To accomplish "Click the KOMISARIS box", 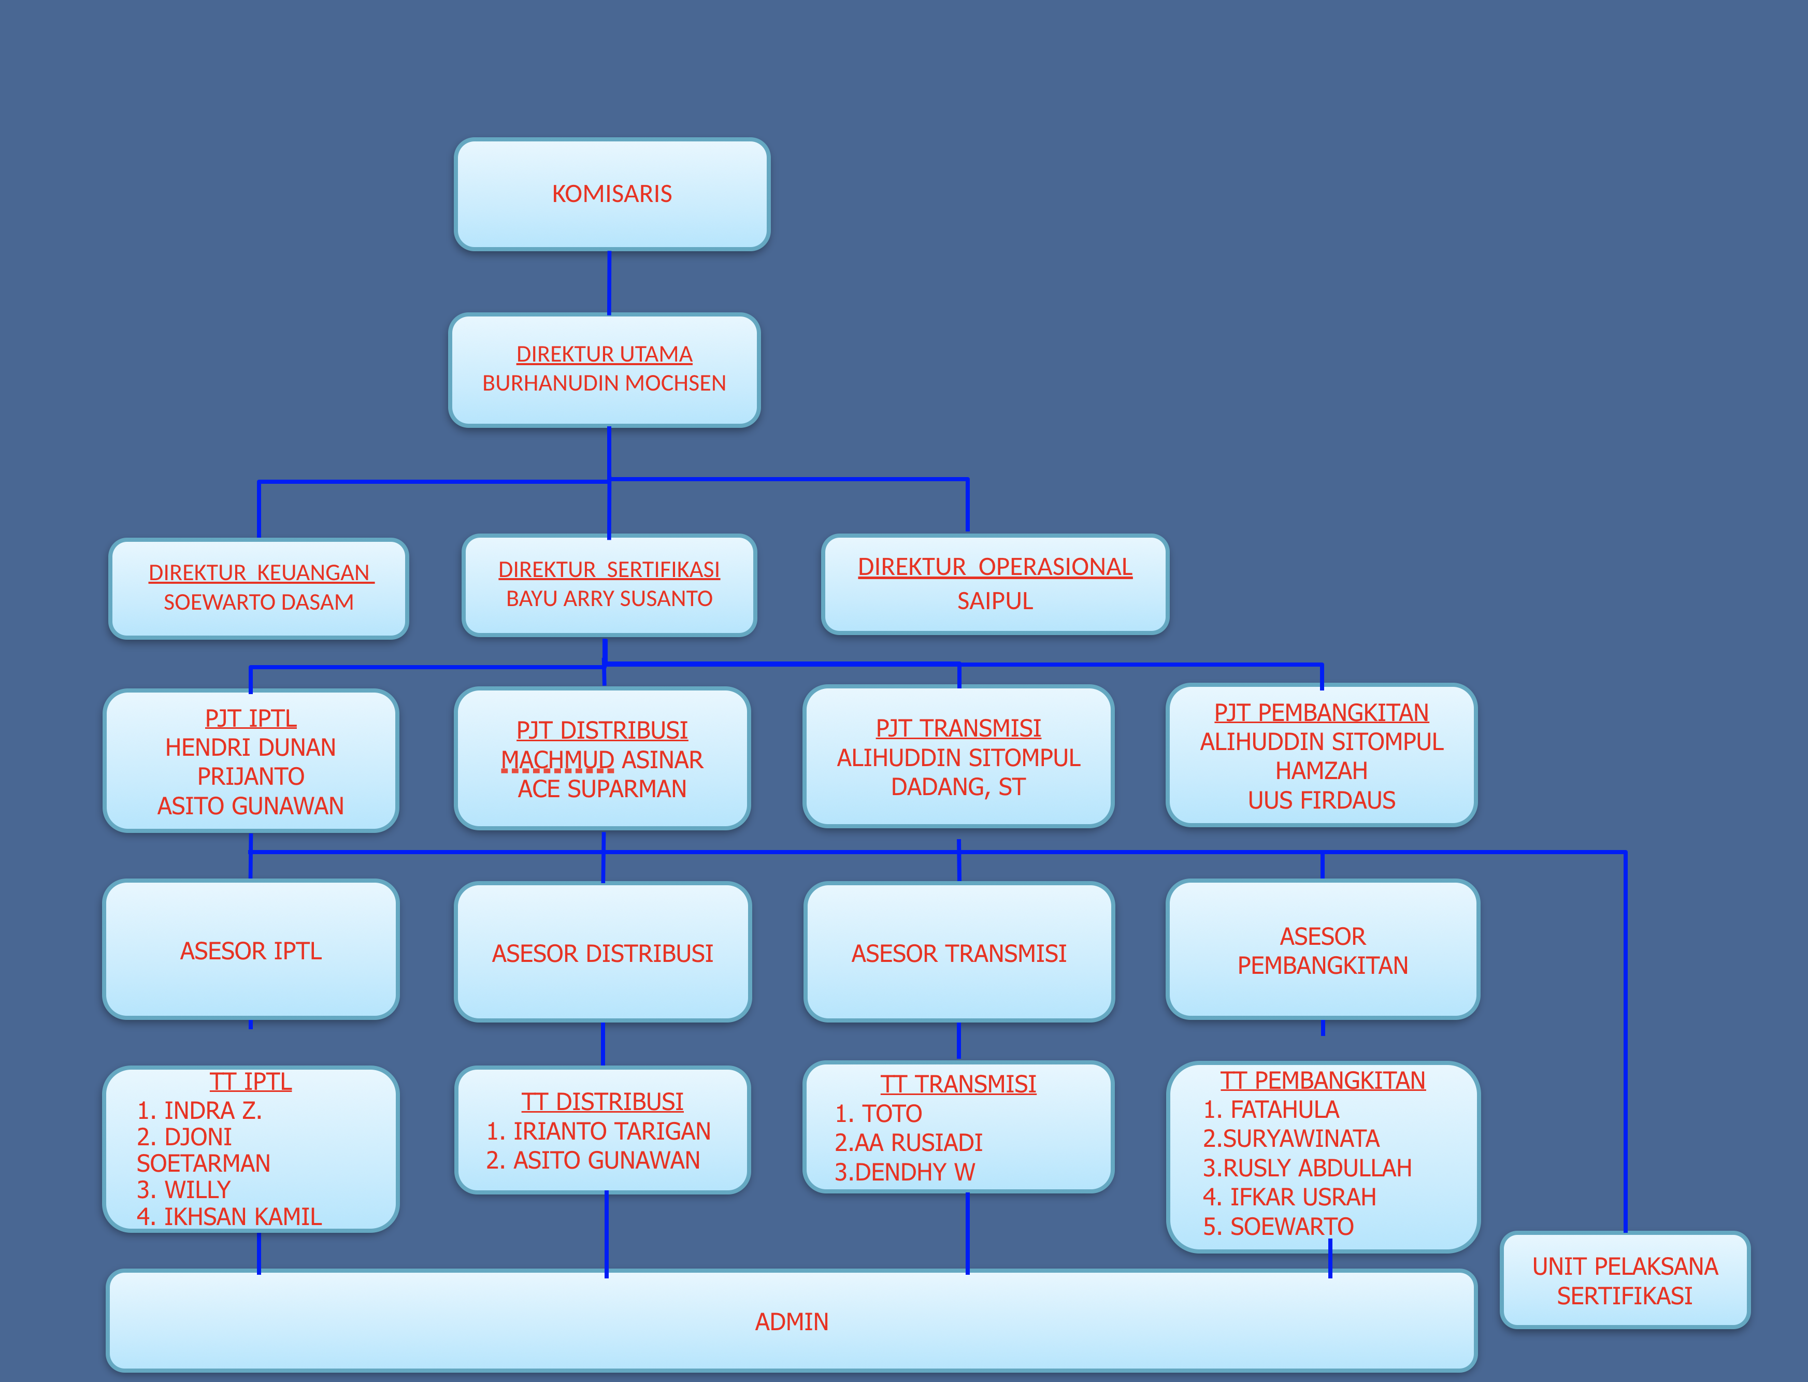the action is [x=612, y=194].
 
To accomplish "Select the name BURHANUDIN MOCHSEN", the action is [x=604, y=383].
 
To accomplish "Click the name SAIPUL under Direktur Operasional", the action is [x=995, y=601].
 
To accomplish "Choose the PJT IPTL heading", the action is [x=251, y=718].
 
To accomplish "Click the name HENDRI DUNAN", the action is [x=251, y=748].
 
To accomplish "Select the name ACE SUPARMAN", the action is [x=602, y=789].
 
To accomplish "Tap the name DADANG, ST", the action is [x=958, y=787].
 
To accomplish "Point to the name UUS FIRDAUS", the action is [x=1322, y=800].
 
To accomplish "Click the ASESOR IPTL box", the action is [x=251, y=950].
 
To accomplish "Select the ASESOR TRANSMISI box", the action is [x=959, y=953].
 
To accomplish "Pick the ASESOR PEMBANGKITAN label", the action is [x=1323, y=951].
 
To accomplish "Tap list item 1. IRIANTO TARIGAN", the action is [x=599, y=1132].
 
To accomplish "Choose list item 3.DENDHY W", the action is [x=905, y=1172].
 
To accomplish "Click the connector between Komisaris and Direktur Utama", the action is [x=610, y=282].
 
